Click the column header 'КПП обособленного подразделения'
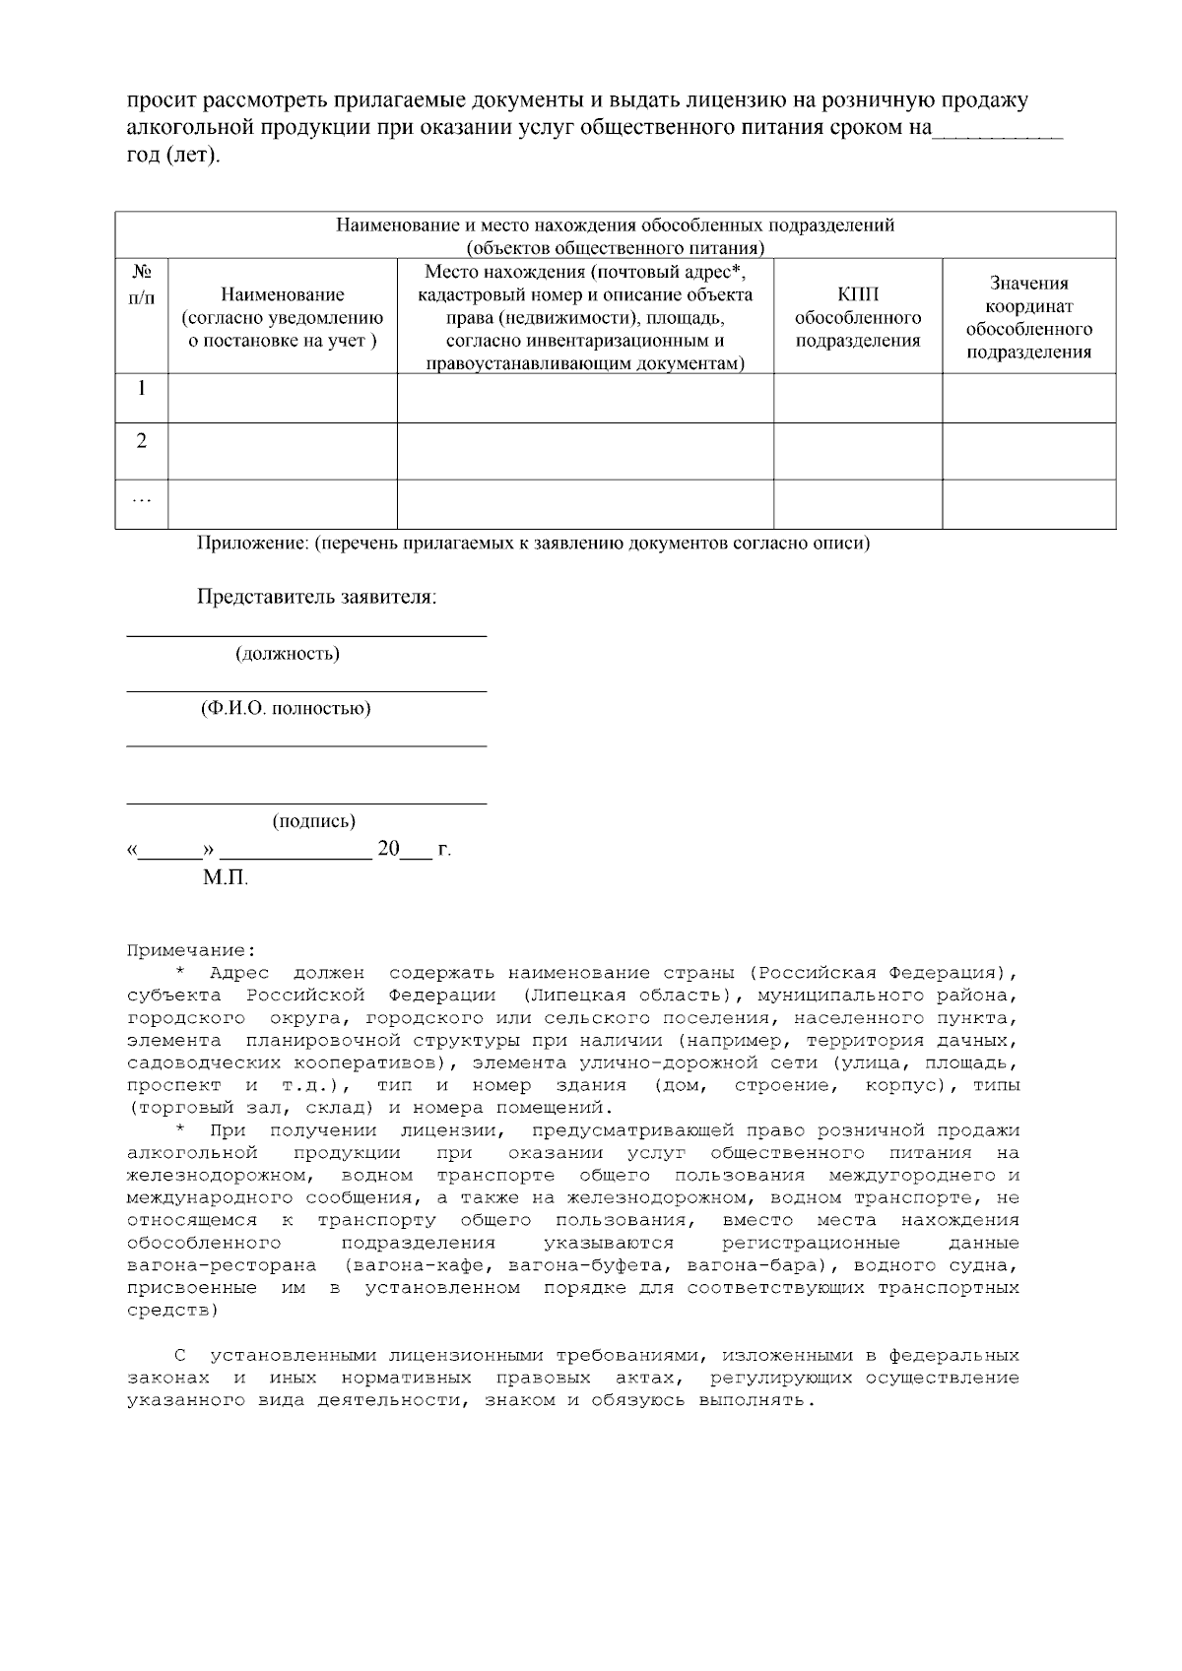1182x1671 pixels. [857, 317]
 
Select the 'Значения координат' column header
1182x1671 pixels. [1028, 317]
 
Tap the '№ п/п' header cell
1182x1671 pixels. [141, 283]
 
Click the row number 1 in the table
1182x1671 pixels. [141, 389]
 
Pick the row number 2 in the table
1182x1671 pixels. [141, 441]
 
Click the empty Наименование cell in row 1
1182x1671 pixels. [283, 398]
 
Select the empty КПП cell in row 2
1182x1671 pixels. [857, 451]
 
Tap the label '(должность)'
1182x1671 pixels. [287, 654]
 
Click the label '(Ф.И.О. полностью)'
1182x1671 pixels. [286, 709]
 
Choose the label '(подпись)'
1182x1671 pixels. [313, 821]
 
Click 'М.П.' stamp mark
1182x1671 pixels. [226, 877]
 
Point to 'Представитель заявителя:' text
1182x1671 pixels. [316, 597]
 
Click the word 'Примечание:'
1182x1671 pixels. [190, 951]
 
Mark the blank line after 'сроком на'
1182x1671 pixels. [997, 134]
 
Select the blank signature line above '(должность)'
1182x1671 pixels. [306, 635]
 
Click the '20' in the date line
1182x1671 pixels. [388, 849]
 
